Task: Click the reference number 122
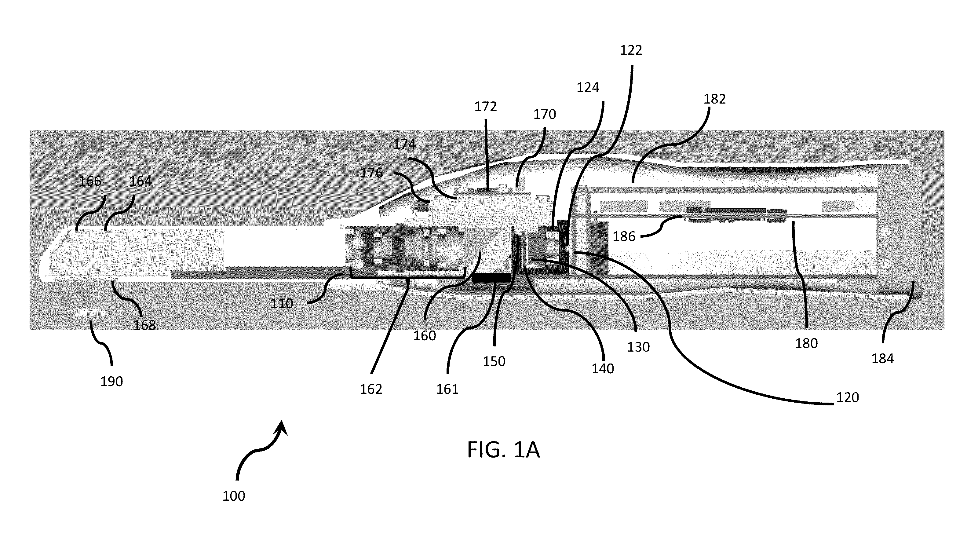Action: point(631,50)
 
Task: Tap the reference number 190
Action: point(111,382)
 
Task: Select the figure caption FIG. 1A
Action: point(503,450)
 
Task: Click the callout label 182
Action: point(714,99)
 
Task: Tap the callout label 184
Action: point(883,358)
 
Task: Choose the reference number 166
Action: point(90,181)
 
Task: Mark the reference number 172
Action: point(486,107)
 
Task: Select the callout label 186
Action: point(624,236)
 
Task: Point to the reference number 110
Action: point(282,303)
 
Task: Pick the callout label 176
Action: point(371,173)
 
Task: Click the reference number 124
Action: point(588,88)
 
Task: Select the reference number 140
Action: point(603,368)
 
